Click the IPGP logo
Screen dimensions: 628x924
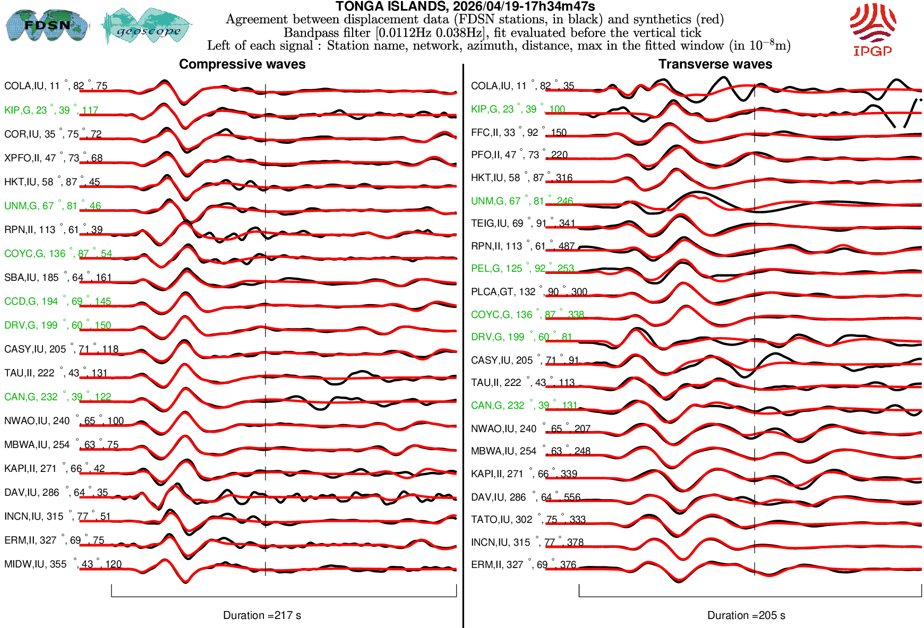(x=872, y=29)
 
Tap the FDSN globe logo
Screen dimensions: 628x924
(x=47, y=25)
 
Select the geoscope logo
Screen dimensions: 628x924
(x=147, y=26)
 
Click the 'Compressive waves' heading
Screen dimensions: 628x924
(x=242, y=64)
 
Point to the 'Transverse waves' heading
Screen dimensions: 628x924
(x=715, y=64)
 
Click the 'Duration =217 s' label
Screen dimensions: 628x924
(x=262, y=615)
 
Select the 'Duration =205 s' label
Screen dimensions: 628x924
(x=746, y=615)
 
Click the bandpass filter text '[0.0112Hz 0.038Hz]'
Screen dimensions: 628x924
(x=431, y=32)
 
